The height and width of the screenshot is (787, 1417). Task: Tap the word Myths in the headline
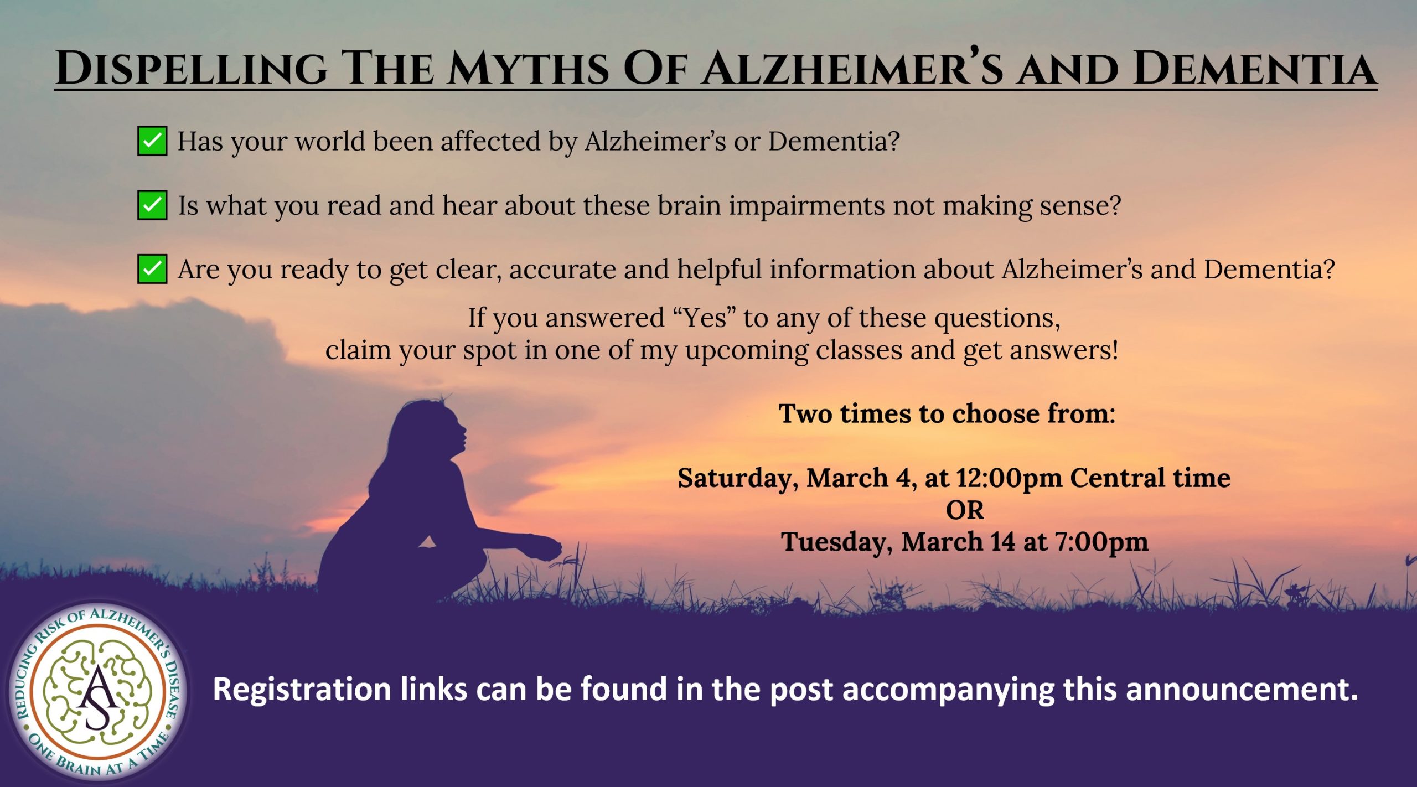(x=531, y=69)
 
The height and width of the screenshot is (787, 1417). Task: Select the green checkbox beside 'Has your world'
(x=152, y=141)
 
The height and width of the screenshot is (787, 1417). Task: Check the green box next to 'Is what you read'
(x=152, y=205)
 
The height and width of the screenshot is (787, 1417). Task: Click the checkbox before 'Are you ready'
(x=152, y=270)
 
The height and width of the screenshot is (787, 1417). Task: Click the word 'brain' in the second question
(x=689, y=205)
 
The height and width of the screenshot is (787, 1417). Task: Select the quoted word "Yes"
(x=705, y=318)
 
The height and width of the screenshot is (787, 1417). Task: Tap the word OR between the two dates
(x=965, y=510)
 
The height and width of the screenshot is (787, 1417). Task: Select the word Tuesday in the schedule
(x=836, y=542)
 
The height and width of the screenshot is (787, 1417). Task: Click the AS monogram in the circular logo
(x=98, y=695)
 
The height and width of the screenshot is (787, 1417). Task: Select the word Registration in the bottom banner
(x=302, y=690)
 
